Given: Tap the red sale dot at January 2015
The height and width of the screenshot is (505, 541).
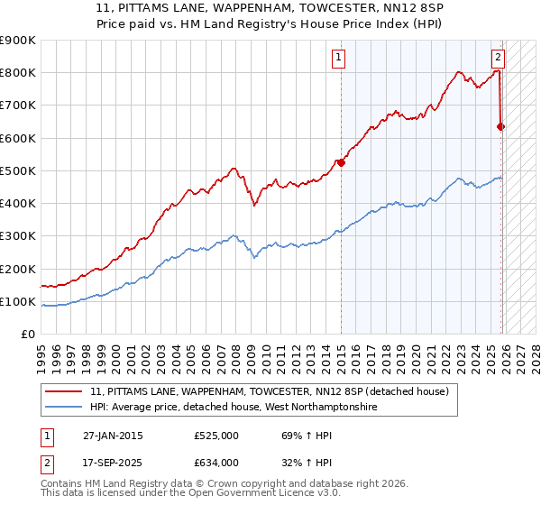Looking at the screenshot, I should pyautogui.click(x=342, y=162).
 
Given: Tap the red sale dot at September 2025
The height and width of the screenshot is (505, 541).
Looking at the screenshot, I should pyautogui.click(x=501, y=126).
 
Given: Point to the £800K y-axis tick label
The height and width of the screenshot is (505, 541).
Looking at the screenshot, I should pyautogui.click(x=18, y=73).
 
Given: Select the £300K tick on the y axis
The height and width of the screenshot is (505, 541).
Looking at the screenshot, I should pyautogui.click(x=18, y=236).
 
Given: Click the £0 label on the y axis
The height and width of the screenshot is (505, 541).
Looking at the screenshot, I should pyautogui.click(x=28, y=335).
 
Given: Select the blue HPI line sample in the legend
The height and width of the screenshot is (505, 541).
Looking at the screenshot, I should pyautogui.click(x=64, y=408).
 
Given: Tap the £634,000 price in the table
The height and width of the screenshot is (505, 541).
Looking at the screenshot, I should pyautogui.click(x=216, y=462).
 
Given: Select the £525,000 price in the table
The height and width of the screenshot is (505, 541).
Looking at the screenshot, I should pyautogui.click(x=216, y=436).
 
